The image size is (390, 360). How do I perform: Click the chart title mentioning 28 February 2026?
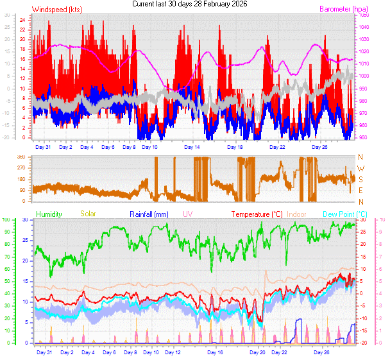coord(189,4)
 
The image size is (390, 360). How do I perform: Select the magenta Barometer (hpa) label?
coord(326,10)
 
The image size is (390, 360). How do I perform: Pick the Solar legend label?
coord(88,214)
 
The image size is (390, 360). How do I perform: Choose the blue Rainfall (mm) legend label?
coord(149,214)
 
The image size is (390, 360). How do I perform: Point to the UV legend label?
coord(187,214)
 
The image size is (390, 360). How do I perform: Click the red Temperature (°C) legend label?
coord(257,214)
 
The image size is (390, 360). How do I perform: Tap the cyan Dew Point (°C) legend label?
coord(345,214)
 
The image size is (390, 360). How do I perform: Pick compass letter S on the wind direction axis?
coord(360,179)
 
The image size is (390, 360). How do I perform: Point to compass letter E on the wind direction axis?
coord(360,190)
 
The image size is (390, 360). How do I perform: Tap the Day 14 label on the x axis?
coord(192,147)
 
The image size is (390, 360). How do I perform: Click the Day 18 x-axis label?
coord(235,147)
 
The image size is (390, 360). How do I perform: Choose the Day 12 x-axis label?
coord(173,352)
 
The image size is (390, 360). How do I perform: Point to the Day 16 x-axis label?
coord(216,352)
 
